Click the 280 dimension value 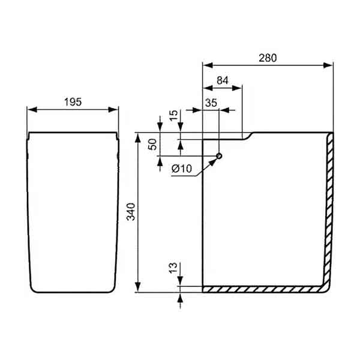pyautogui.click(x=268, y=58)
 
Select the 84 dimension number pyautogui.click(x=223, y=80)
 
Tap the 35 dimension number pyautogui.click(x=211, y=102)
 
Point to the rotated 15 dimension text pyautogui.click(x=173, y=116)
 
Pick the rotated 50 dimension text pyautogui.click(x=152, y=145)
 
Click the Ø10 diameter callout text pyautogui.click(x=181, y=169)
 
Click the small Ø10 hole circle pyautogui.click(x=219, y=157)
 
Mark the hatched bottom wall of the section pyautogui.click(x=264, y=289)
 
